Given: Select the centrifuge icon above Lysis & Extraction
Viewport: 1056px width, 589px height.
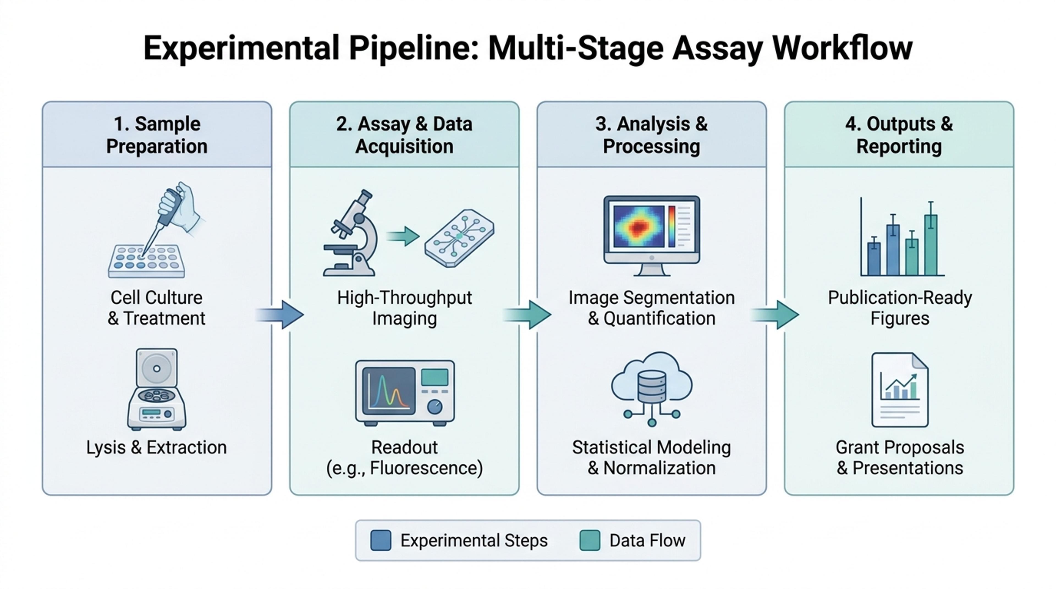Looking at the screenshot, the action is tap(156, 389).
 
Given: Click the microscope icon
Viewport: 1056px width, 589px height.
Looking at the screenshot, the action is tap(351, 233).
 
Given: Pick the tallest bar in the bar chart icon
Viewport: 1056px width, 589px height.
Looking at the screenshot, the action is tap(931, 245).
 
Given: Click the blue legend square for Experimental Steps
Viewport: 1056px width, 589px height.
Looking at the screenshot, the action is tap(380, 540).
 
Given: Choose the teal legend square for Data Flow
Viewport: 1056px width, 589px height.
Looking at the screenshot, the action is tap(590, 540).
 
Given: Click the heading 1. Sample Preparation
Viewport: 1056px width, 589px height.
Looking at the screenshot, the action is tap(157, 135).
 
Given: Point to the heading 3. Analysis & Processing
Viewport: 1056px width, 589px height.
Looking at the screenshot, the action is tap(651, 135).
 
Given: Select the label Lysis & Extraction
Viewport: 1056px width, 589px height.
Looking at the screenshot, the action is tap(156, 447).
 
